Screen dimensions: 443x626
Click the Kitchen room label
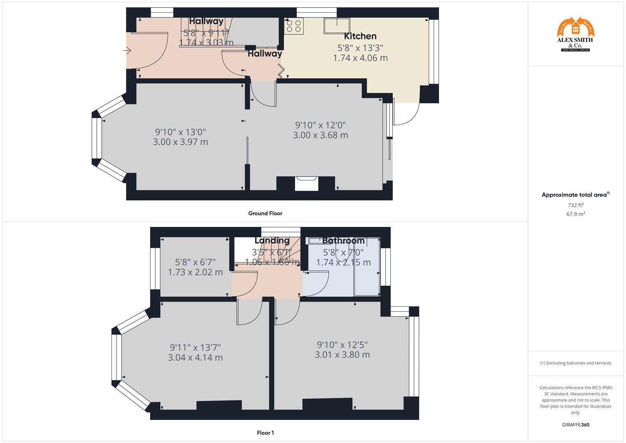tap(360, 36)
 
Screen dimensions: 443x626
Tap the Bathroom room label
tap(343, 241)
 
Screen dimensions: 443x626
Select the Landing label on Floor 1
tap(272, 240)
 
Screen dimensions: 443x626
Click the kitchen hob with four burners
tap(294, 26)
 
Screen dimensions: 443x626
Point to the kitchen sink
tap(337, 26)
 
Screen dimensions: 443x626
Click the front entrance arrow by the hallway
tap(127, 51)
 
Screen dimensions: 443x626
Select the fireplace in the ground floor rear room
tap(307, 183)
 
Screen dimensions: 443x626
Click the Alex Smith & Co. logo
tap(576, 34)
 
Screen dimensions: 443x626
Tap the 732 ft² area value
tap(576, 205)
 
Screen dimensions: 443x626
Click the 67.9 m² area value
tap(576, 214)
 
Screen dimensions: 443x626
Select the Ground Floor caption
tap(265, 213)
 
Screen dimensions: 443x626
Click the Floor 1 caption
tap(265, 433)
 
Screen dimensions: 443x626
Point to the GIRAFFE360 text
tap(576, 425)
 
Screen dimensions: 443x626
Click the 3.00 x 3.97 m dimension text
tap(180, 142)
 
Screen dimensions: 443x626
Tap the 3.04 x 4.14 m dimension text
tap(195, 358)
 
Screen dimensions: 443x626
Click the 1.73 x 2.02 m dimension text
tap(195, 272)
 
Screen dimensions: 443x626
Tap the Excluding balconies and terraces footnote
tap(576, 363)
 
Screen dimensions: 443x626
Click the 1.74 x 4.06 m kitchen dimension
tap(360, 58)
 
